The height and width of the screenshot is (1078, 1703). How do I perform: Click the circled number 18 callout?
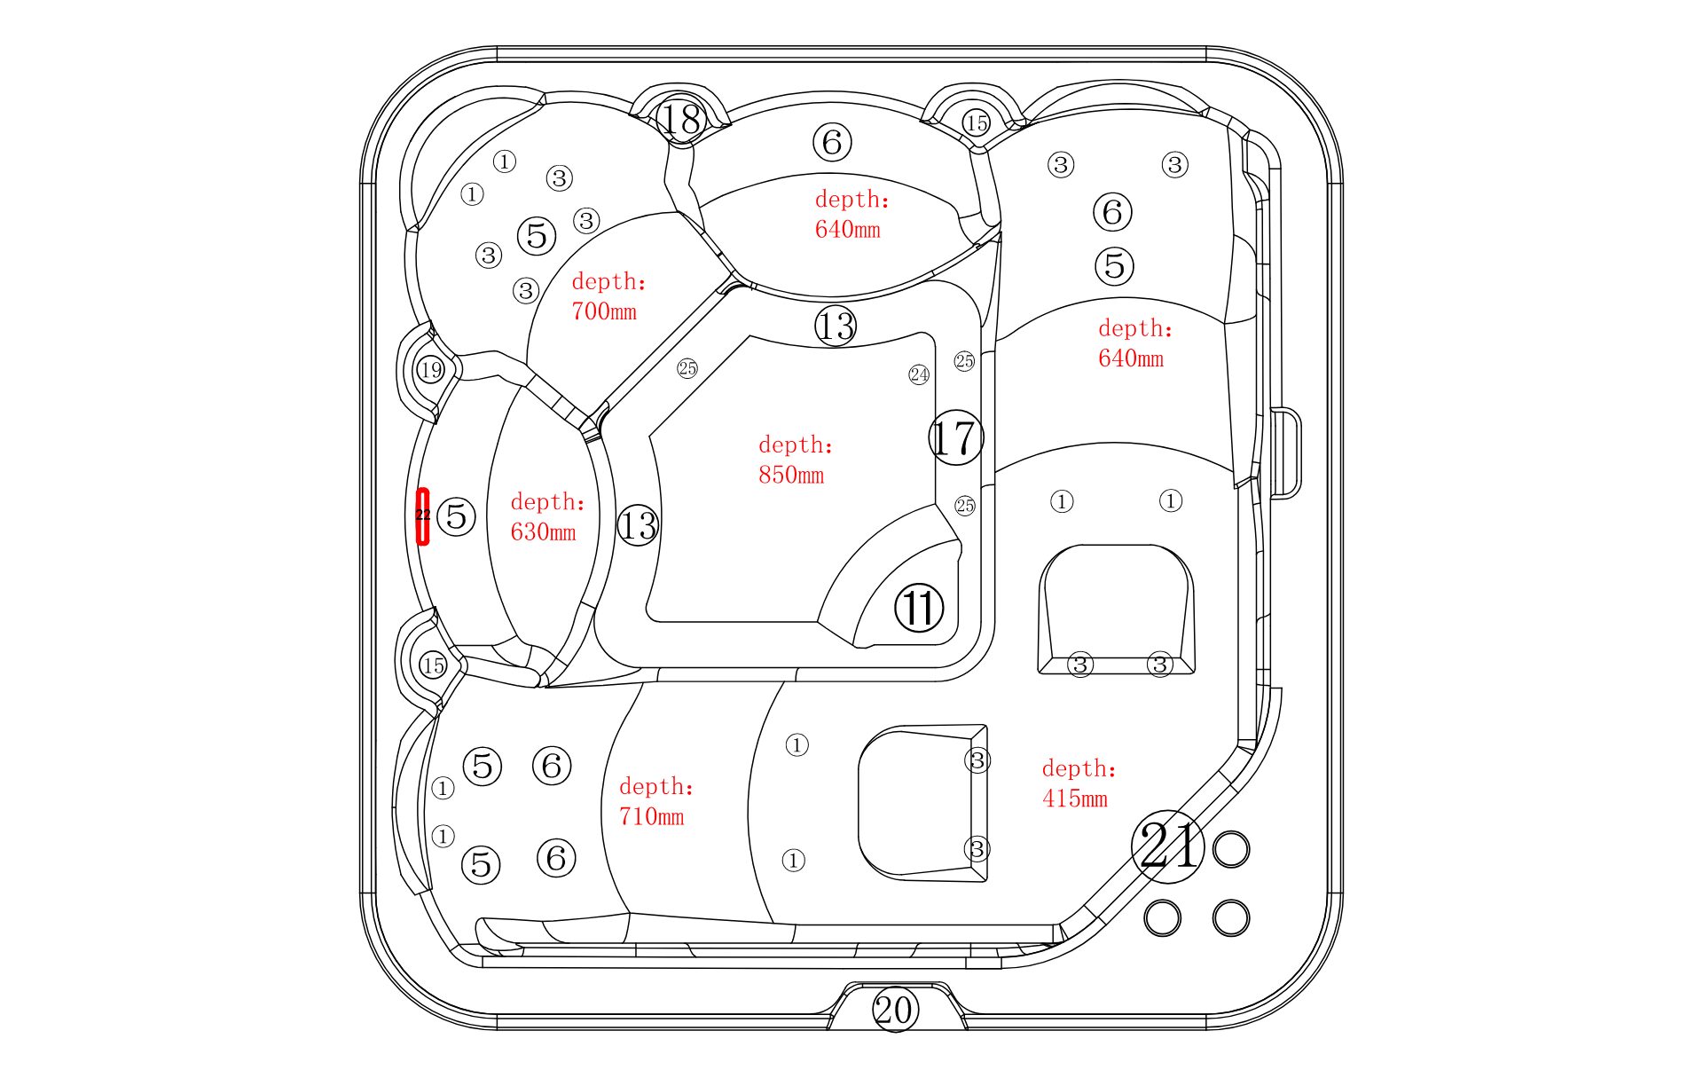[681, 119]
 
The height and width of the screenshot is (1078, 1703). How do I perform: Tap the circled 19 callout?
[431, 369]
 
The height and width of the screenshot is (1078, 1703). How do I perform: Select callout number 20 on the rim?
[893, 1010]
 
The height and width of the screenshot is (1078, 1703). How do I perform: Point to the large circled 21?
[1169, 846]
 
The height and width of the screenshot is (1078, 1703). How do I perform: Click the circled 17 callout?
[955, 437]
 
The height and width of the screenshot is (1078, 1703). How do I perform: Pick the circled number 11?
[918, 609]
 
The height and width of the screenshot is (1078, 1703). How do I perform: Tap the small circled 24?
[919, 374]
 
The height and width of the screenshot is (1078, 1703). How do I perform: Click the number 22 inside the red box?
[423, 515]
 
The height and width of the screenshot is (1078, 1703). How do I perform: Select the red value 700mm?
[604, 311]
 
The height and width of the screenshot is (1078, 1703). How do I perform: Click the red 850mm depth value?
[791, 475]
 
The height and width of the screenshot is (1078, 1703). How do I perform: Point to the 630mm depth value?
[543, 532]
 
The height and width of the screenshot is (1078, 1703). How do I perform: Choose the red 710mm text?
[652, 816]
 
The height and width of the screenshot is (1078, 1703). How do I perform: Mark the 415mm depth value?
[1075, 799]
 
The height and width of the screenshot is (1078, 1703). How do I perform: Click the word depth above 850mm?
[795, 445]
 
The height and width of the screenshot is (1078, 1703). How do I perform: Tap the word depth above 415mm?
[1079, 768]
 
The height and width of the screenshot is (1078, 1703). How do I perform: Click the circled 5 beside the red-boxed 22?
[457, 515]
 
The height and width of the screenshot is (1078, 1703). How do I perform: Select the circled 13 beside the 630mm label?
[638, 525]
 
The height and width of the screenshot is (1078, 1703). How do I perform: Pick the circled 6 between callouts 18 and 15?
[832, 142]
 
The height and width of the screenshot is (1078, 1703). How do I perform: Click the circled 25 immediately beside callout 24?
[964, 361]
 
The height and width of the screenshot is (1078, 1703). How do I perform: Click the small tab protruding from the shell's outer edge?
[1287, 453]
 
